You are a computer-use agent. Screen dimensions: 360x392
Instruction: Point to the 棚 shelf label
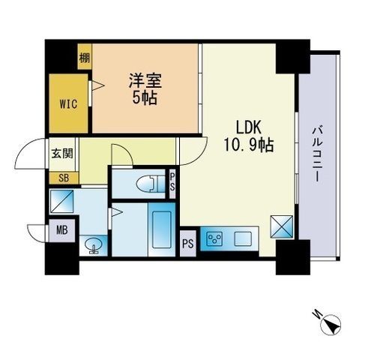coord(85,57)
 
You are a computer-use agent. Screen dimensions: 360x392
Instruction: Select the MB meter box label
coord(61,230)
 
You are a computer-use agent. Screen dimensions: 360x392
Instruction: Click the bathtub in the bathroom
coord(162,229)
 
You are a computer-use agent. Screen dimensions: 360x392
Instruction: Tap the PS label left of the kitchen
coord(188,243)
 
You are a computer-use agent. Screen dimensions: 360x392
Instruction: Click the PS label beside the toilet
coord(172,182)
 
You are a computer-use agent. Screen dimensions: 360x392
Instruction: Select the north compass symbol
coord(331,325)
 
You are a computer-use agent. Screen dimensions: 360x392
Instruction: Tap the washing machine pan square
coord(61,200)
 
